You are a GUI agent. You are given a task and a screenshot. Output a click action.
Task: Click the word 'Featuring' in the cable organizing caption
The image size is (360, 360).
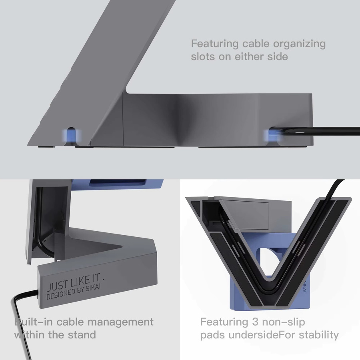tap(215, 44)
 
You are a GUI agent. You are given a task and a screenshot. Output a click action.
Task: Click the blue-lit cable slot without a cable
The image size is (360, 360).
tap(72, 136)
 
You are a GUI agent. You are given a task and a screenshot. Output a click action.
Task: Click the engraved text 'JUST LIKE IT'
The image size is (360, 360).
tap(74, 282)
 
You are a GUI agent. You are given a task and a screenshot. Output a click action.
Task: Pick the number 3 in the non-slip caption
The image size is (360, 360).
tap(255, 322)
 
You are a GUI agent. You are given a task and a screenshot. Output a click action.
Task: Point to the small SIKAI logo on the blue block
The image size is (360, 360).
tap(305, 287)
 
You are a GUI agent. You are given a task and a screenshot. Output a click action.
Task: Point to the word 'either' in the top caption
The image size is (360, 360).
tap(249, 56)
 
